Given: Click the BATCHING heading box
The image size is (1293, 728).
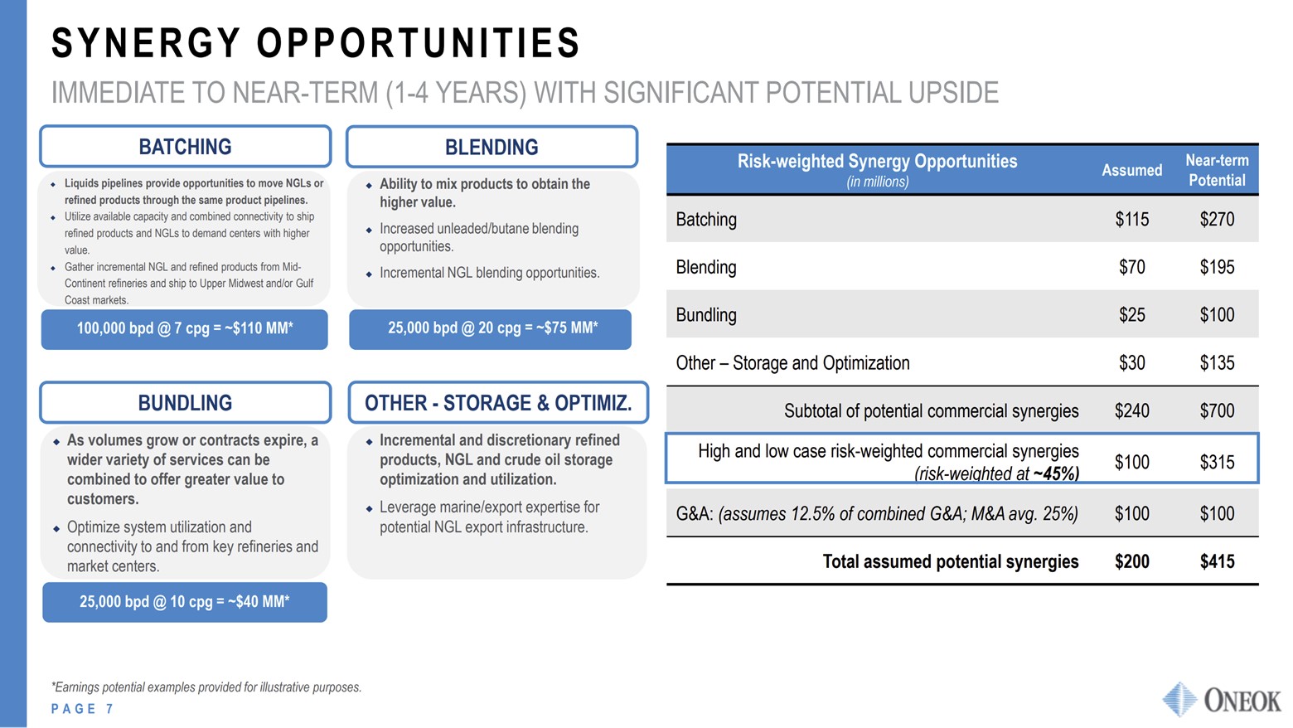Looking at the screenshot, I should pos(185,147).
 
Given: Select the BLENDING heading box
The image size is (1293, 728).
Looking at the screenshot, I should pos(492,148).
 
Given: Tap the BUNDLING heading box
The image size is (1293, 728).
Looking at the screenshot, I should pos(185,403).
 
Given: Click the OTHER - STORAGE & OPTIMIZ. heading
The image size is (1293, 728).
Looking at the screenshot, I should pos(498,403).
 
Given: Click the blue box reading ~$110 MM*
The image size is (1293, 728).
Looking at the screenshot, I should pos(185,328).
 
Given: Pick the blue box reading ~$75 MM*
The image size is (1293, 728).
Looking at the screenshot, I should pos(492,328).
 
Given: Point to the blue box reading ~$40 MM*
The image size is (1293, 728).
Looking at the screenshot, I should pos(185,602).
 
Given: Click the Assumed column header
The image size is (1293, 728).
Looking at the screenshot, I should pos(1131,170).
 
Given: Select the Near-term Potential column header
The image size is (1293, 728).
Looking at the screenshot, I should pos(1217,170).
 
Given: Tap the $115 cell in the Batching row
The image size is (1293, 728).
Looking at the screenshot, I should pos(1131,220).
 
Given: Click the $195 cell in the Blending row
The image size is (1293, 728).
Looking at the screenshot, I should pos(1217,267).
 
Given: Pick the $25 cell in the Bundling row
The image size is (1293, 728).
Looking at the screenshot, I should pos(1131,315).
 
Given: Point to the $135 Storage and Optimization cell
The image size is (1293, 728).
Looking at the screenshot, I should pos(1217,363).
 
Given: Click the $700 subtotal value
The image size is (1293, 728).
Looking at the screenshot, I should pos(1217,411).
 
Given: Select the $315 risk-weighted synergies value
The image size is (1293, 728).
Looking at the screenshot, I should pos(1217,462).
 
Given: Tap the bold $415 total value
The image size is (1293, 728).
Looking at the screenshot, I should pos(1217,562).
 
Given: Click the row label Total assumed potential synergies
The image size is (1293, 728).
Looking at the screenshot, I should pos(950,562).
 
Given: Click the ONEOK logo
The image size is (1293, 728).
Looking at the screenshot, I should pos(1223,700).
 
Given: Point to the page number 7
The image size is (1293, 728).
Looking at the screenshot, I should pos(109,709).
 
